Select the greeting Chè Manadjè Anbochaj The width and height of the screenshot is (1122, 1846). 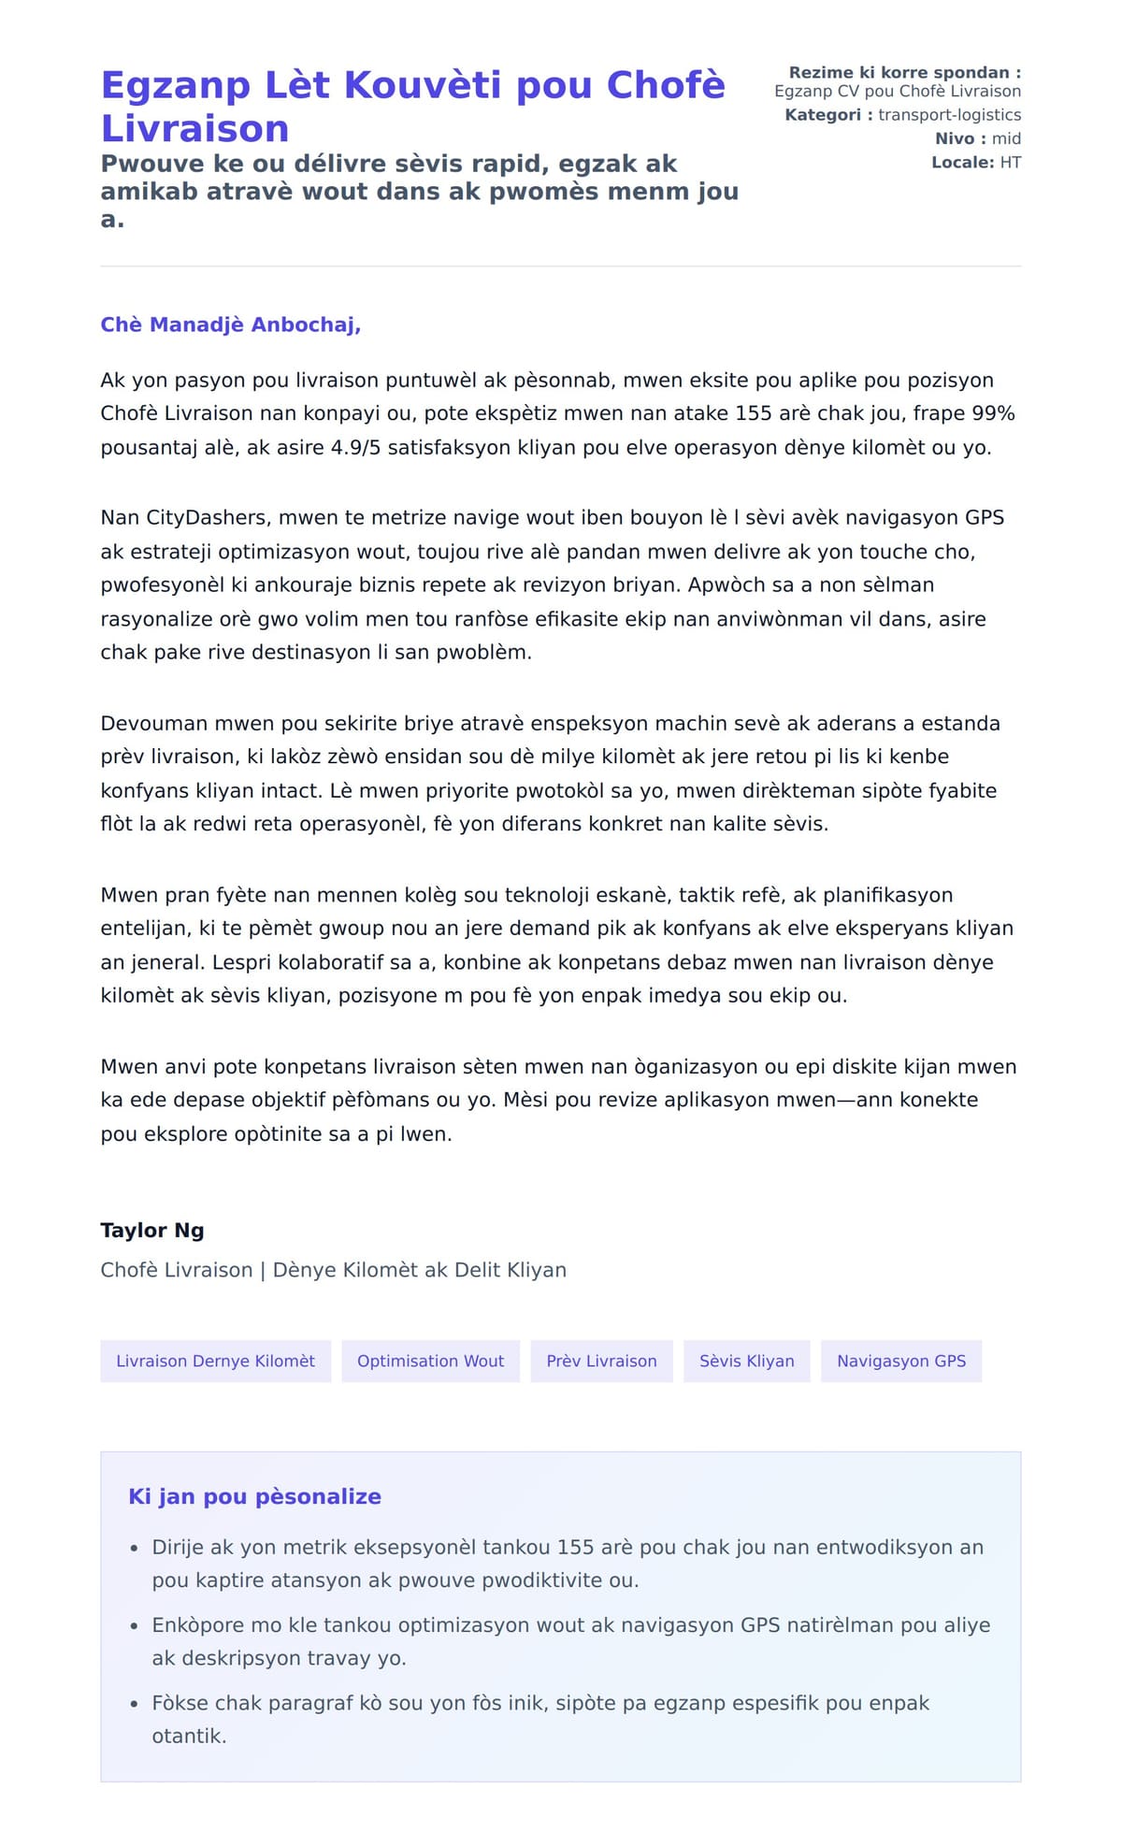(x=230, y=324)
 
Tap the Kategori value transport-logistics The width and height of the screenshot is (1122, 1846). (x=949, y=115)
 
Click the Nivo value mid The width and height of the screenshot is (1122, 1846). (x=1006, y=138)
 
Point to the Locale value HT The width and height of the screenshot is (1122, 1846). (x=1010, y=163)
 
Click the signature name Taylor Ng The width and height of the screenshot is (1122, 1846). (x=152, y=1231)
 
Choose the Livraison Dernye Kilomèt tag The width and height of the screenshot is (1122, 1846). (x=215, y=1361)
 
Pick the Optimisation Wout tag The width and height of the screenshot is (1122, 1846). (x=430, y=1361)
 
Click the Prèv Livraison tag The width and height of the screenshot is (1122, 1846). (x=601, y=1361)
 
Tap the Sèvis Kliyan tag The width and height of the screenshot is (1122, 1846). (x=746, y=1361)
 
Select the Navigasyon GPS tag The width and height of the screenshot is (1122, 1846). (x=901, y=1361)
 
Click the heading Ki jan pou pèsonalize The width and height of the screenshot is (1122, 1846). (x=254, y=1496)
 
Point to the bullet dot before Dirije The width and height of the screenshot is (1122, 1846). (x=135, y=1549)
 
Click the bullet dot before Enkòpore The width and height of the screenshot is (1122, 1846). (x=135, y=1626)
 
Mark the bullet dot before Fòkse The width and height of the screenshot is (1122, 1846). (x=135, y=1704)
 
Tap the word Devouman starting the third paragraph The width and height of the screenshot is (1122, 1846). (x=154, y=723)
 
